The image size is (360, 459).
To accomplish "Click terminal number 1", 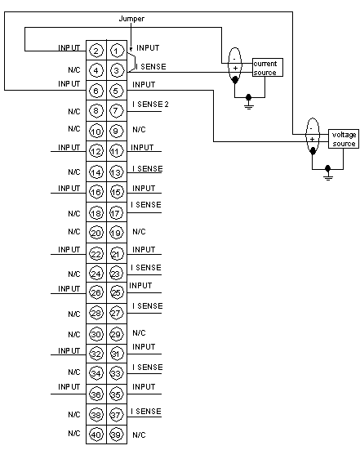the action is (117, 51).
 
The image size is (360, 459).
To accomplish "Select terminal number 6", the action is (96, 91).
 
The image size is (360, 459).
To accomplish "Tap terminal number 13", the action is (117, 172).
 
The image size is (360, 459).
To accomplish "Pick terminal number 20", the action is (96, 233).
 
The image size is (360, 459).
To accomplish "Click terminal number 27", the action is (117, 314).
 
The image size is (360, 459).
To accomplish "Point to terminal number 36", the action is (96, 394).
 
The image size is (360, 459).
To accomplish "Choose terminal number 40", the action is (96, 434).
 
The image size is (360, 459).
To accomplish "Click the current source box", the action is (268, 67).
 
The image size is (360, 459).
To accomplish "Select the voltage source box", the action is (344, 139).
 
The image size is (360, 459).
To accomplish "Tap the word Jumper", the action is (131, 19).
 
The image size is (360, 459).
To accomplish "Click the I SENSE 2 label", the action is (150, 105).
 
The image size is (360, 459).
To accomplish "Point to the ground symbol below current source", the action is (248, 103).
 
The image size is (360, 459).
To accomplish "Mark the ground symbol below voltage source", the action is (328, 174).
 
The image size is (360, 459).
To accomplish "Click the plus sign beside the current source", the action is (235, 69).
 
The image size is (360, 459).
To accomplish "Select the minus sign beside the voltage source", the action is (311, 129).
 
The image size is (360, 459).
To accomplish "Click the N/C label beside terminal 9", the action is (139, 129).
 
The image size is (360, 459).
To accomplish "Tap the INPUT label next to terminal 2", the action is (69, 47).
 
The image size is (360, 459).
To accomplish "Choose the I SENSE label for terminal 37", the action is (146, 412).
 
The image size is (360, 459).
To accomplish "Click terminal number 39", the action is (117, 434).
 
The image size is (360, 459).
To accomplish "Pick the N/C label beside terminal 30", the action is (74, 334).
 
